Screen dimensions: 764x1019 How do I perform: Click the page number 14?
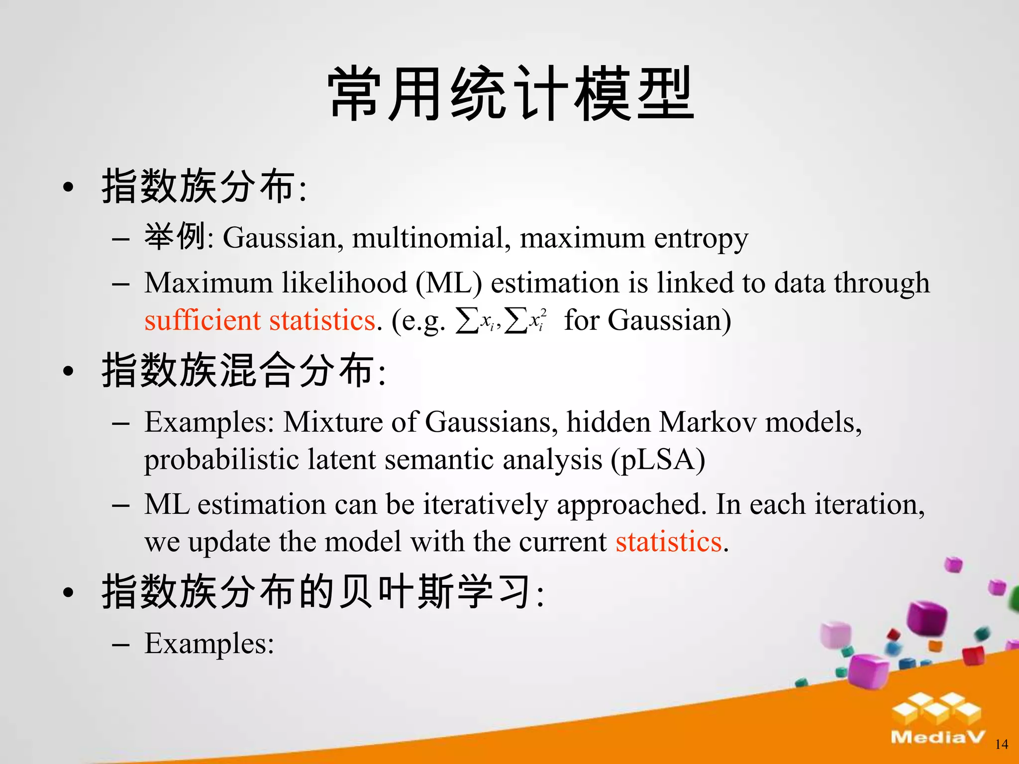pos(1001,744)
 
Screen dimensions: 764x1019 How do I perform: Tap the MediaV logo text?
pos(937,737)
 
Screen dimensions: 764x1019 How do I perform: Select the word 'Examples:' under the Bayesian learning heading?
pos(209,643)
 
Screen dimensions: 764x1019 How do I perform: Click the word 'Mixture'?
pos(333,422)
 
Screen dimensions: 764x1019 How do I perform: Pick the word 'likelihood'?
pos(344,283)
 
